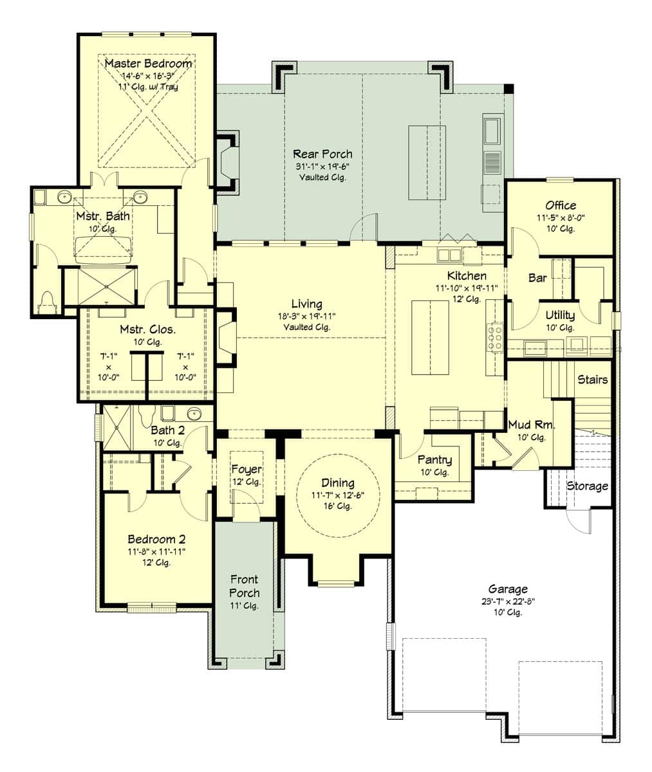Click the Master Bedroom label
click(x=149, y=63)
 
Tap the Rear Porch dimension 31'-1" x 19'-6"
click(x=322, y=167)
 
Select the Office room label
click(x=561, y=205)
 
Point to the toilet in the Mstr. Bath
click(x=48, y=301)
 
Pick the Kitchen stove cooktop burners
click(x=495, y=337)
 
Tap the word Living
click(x=307, y=304)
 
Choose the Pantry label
click(x=435, y=460)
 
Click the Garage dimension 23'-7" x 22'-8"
click(x=508, y=601)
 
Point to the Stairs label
click(x=592, y=380)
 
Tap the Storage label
click(x=587, y=486)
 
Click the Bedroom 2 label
click(x=156, y=540)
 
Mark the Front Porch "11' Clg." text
click(x=244, y=606)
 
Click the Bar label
click(x=537, y=278)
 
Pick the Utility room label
click(x=560, y=315)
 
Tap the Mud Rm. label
click(x=532, y=425)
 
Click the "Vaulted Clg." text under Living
click(x=307, y=327)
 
